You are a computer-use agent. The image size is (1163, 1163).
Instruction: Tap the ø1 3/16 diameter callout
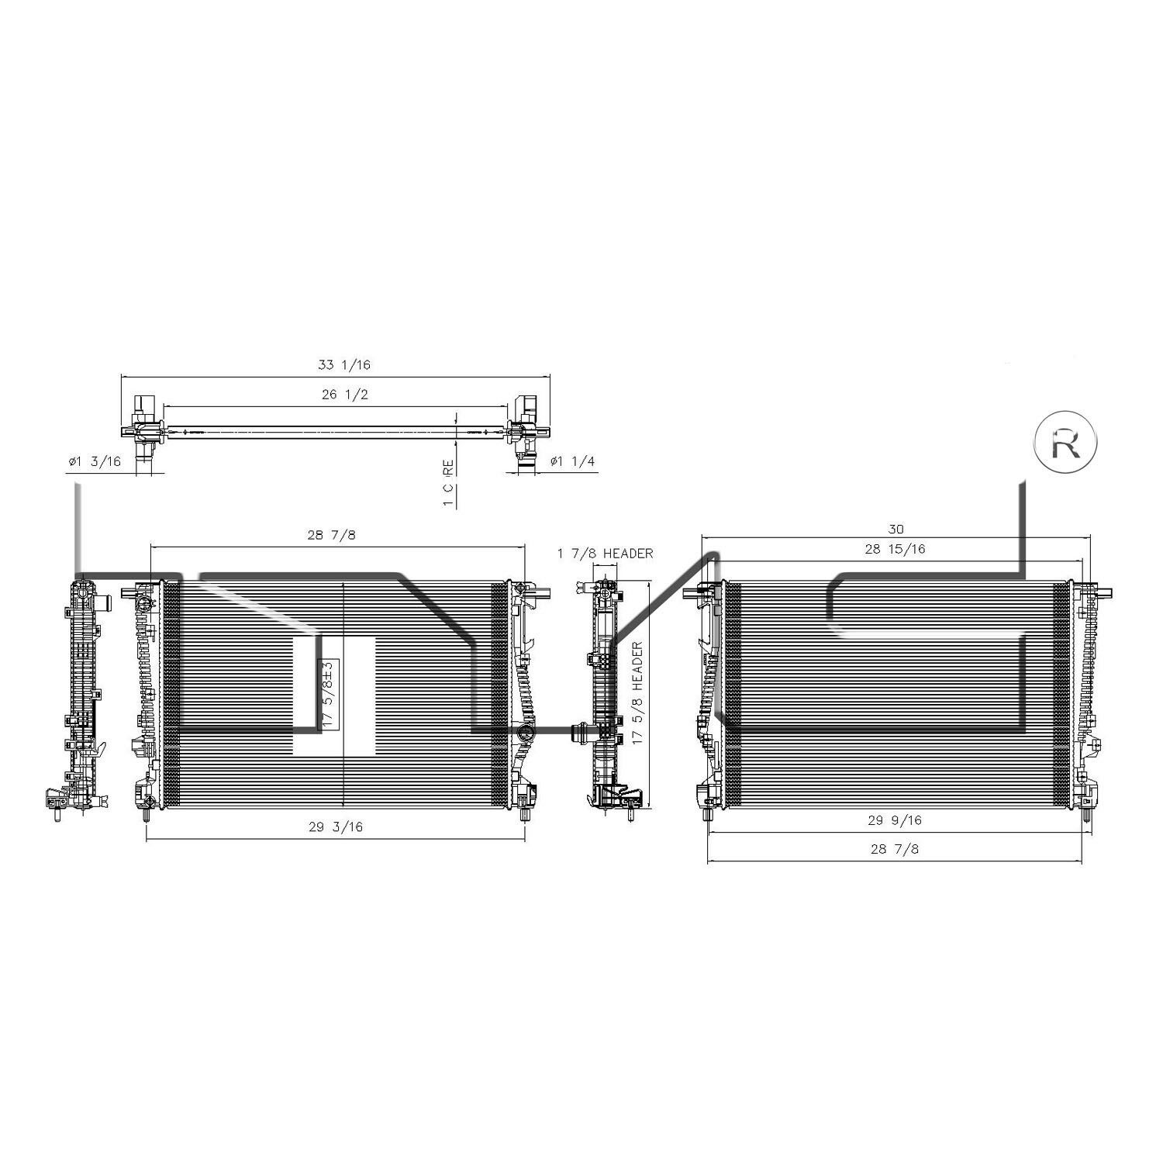[x=95, y=461]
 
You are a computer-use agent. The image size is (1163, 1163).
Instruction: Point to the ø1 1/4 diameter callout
[x=572, y=461]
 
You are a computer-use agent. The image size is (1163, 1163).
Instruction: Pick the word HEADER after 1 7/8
[x=628, y=554]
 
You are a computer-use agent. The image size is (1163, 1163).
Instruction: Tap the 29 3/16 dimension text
[x=336, y=827]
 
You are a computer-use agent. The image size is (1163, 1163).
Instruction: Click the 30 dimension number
[x=896, y=530]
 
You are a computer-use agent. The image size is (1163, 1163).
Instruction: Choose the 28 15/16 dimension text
[x=896, y=549]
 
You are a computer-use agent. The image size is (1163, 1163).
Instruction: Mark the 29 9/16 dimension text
[x=896, y=820]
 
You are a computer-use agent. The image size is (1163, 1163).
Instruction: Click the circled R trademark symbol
[x=1066, y=442]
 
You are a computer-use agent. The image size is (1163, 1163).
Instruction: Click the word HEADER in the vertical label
[x=637, y=667]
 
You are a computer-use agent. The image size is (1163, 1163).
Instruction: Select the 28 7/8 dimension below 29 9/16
[x=894, y=849]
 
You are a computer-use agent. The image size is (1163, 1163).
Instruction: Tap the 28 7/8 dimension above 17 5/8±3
[x=331, y=535]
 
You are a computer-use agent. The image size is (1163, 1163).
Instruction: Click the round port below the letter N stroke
[x=526, y=734]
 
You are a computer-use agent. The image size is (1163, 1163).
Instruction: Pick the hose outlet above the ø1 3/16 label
[x=143, y=457]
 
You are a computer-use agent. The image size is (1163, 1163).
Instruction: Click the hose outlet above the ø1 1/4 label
[x=526, y=457]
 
